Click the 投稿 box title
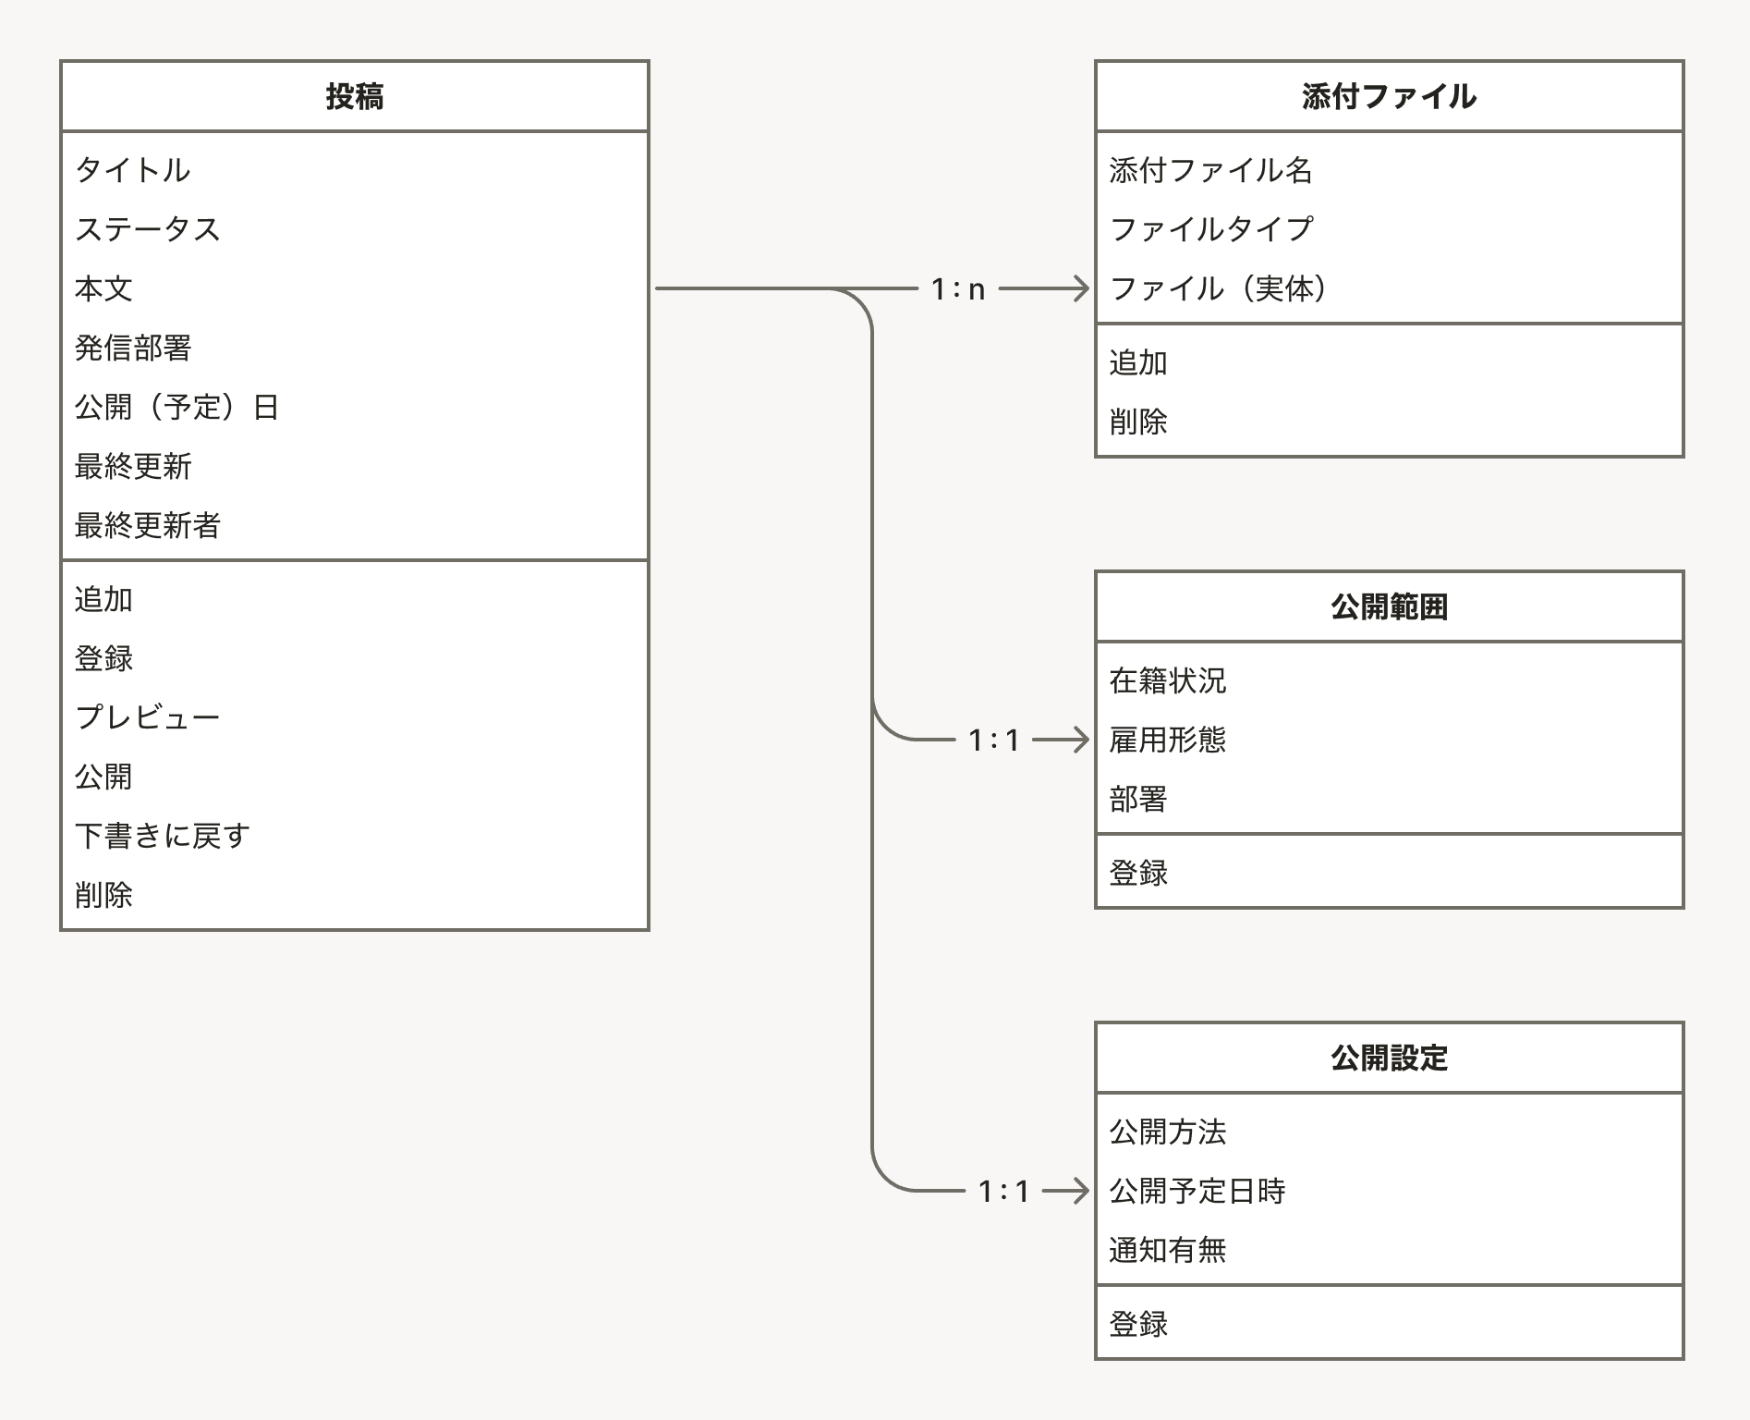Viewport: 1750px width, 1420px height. point(355,96)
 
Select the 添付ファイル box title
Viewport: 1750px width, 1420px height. point(1389,96)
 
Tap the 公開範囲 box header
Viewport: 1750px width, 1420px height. point(1389,607)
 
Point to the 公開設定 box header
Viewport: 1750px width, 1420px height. point(1389,1059)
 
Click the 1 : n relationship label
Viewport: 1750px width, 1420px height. point(958,289)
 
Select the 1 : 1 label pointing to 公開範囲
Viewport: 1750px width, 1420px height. point(993,741)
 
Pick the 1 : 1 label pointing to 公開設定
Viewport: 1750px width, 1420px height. point(1003,1192)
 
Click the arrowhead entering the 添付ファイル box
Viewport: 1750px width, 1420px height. point(1081,289)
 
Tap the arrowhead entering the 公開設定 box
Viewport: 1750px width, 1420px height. point(1081,1192)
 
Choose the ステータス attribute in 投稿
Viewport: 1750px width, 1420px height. point(148,229)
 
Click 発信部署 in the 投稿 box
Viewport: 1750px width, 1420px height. point(133,349)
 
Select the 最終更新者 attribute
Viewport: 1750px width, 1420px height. point(148,526)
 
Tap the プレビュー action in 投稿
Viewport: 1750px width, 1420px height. point(148,717)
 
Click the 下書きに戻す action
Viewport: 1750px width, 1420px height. point(163,836)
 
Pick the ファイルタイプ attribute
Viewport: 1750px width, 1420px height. point(1211,229)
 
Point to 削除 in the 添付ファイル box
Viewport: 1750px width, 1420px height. point(1138,422)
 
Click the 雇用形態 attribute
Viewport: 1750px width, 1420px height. point(1168,741)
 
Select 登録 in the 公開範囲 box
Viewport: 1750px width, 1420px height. point(1138,873)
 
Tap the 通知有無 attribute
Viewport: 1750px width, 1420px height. point(1168,1251)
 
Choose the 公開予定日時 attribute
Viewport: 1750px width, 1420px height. point(1197,1192)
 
